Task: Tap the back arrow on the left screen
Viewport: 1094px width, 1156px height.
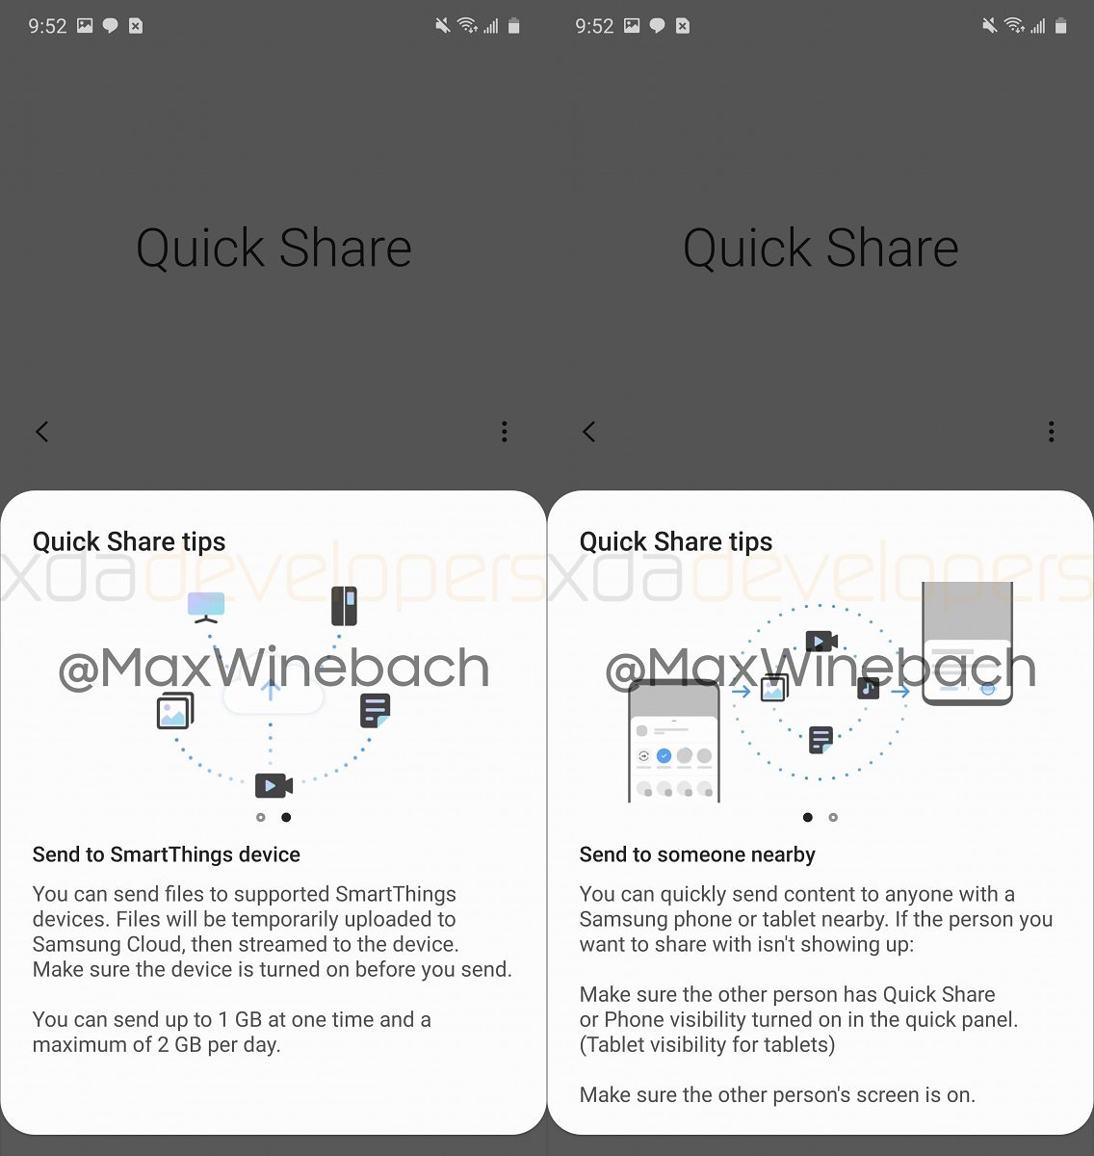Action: pos(41,432)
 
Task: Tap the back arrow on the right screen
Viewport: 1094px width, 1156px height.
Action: pos(588,432)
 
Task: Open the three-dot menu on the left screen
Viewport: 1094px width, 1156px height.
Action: pos(505,432)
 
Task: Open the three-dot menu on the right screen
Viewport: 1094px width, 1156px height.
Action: pos(1051,432)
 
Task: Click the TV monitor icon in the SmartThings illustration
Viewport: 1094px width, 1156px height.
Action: pos(206,607)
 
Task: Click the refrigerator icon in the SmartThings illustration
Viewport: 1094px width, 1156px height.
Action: pos(344,606)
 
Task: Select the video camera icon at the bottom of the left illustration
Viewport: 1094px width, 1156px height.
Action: pos(273,785)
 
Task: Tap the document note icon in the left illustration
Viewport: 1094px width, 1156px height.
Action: pos(375,711)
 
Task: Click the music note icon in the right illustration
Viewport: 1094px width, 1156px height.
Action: pos(869,688)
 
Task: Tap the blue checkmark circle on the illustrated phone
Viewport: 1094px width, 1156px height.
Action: pos(664,755)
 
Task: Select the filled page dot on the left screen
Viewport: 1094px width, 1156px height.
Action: pos(286,817)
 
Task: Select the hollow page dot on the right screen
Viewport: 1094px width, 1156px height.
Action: pos(833,817)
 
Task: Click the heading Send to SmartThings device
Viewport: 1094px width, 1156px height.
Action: pos(167,854)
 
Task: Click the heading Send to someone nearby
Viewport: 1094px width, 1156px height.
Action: pos(697,854)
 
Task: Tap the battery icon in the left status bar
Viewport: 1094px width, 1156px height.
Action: pos(514,26)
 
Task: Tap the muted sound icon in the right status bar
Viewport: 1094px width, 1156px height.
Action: pos(989,25)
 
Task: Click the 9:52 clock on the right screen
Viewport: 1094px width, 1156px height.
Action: pos(594,26)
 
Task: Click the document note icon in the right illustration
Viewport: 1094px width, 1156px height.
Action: pos(820,740)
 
